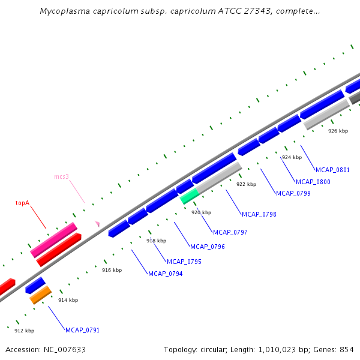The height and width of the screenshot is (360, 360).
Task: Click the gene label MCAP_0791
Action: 83,330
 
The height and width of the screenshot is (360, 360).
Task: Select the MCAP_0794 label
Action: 166,274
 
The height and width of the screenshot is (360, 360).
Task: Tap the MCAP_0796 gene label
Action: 208,247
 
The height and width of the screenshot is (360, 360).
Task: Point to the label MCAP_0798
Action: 259,214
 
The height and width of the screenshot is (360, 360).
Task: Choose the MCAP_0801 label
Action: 332,170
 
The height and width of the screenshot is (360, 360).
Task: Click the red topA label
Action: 22,203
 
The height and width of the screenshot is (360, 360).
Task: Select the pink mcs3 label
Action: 62,176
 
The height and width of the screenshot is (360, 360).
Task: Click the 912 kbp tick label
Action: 25,331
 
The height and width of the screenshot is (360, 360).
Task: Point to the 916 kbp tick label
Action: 112,270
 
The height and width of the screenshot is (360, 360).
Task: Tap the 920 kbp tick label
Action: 202,212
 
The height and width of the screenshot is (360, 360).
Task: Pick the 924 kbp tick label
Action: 292,157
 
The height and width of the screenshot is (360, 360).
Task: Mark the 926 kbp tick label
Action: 338,131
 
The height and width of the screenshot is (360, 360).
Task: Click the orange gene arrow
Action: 41,295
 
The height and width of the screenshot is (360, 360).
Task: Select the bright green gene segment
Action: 189,196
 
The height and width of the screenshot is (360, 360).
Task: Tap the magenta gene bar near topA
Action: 53,240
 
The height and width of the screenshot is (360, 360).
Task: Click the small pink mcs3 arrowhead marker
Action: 97,224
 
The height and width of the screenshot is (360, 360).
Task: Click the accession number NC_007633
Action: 65,349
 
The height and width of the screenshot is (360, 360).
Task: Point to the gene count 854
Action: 346,349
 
